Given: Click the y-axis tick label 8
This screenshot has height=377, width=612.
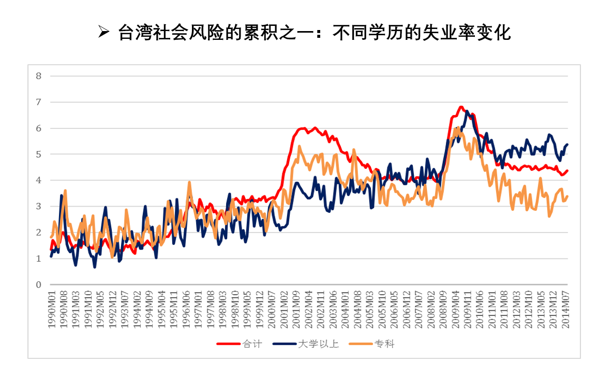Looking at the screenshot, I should [x=38, y=76].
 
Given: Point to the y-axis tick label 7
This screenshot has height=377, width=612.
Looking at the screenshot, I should [x=38, y=102].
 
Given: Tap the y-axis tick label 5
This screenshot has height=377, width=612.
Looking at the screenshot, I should [x=38, y=154].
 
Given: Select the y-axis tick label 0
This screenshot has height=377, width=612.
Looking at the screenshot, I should [x=38, y=284].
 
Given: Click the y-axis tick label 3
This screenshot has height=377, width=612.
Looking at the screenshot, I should [x=38, y=206].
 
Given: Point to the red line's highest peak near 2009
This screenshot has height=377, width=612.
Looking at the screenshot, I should [x=461, y=107].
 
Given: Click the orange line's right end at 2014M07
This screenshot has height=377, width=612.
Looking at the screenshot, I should [x=568, y=196].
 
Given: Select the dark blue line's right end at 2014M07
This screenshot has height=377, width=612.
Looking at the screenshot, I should [x=568, y=144].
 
